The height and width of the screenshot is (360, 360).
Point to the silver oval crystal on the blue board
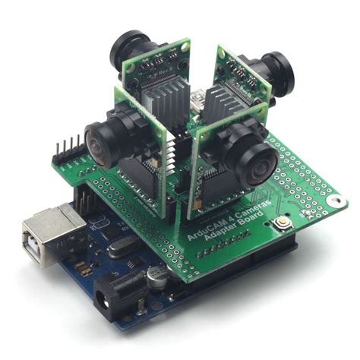[120, 245]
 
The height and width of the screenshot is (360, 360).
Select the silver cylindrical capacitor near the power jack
[156, 278]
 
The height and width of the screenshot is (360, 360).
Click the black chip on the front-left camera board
[144, 178]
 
